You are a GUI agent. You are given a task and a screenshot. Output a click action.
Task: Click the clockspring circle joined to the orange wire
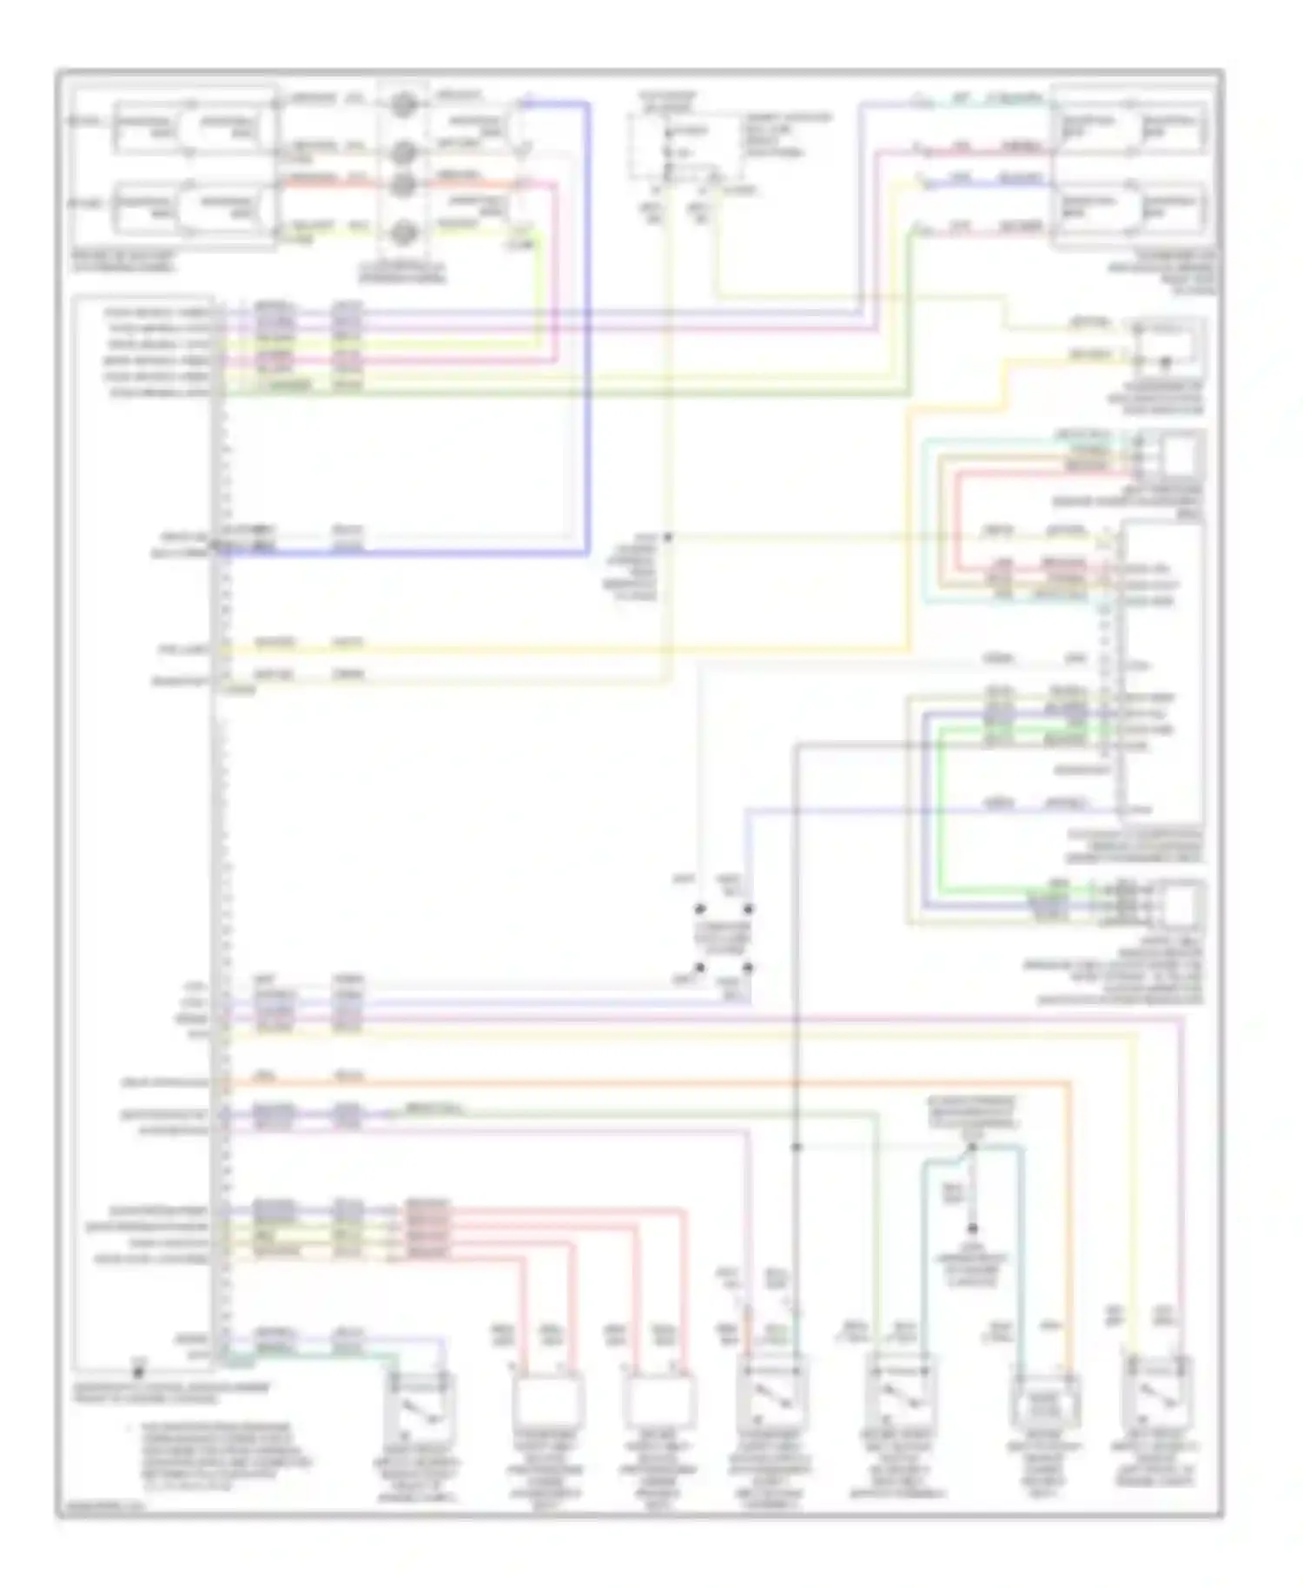(x=402, y=185)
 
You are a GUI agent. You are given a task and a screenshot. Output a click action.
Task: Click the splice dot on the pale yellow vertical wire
(x=667, y=537)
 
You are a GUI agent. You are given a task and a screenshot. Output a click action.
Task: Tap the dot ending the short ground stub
(x=972, y=1228)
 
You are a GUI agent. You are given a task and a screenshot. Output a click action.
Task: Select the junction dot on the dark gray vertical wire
(x=796, y=1148)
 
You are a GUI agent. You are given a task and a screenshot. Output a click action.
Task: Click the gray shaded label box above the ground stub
(x=972, y=1112)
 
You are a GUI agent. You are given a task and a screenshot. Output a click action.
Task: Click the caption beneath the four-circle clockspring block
(x=401, y=273)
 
